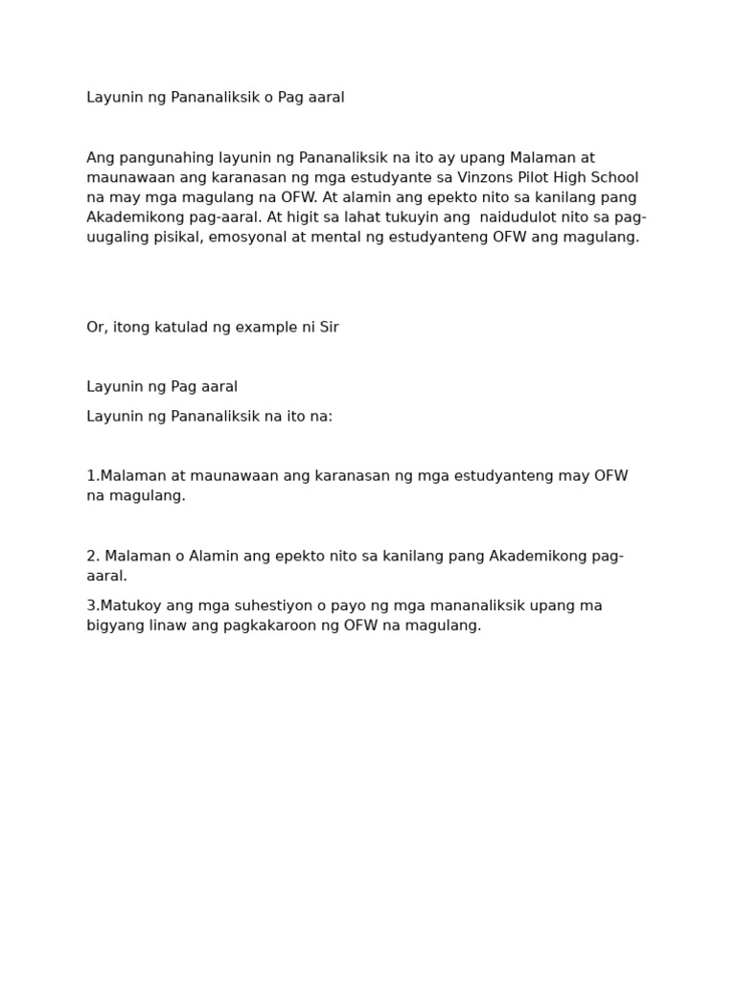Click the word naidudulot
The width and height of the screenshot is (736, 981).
(x=520, y=217)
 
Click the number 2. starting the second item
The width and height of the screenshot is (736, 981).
(x=93, y=556)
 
